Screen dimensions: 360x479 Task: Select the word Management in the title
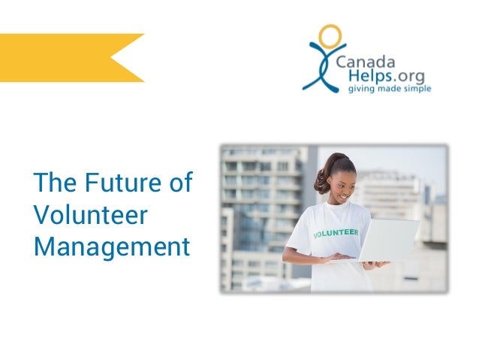(x=111, y=247)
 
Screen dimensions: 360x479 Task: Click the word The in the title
(x=54, y=183)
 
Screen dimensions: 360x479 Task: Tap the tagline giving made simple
(x=387, y=89)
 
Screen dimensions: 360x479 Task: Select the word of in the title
(x=180, y=183)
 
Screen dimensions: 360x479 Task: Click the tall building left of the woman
(x=259, y=210)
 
